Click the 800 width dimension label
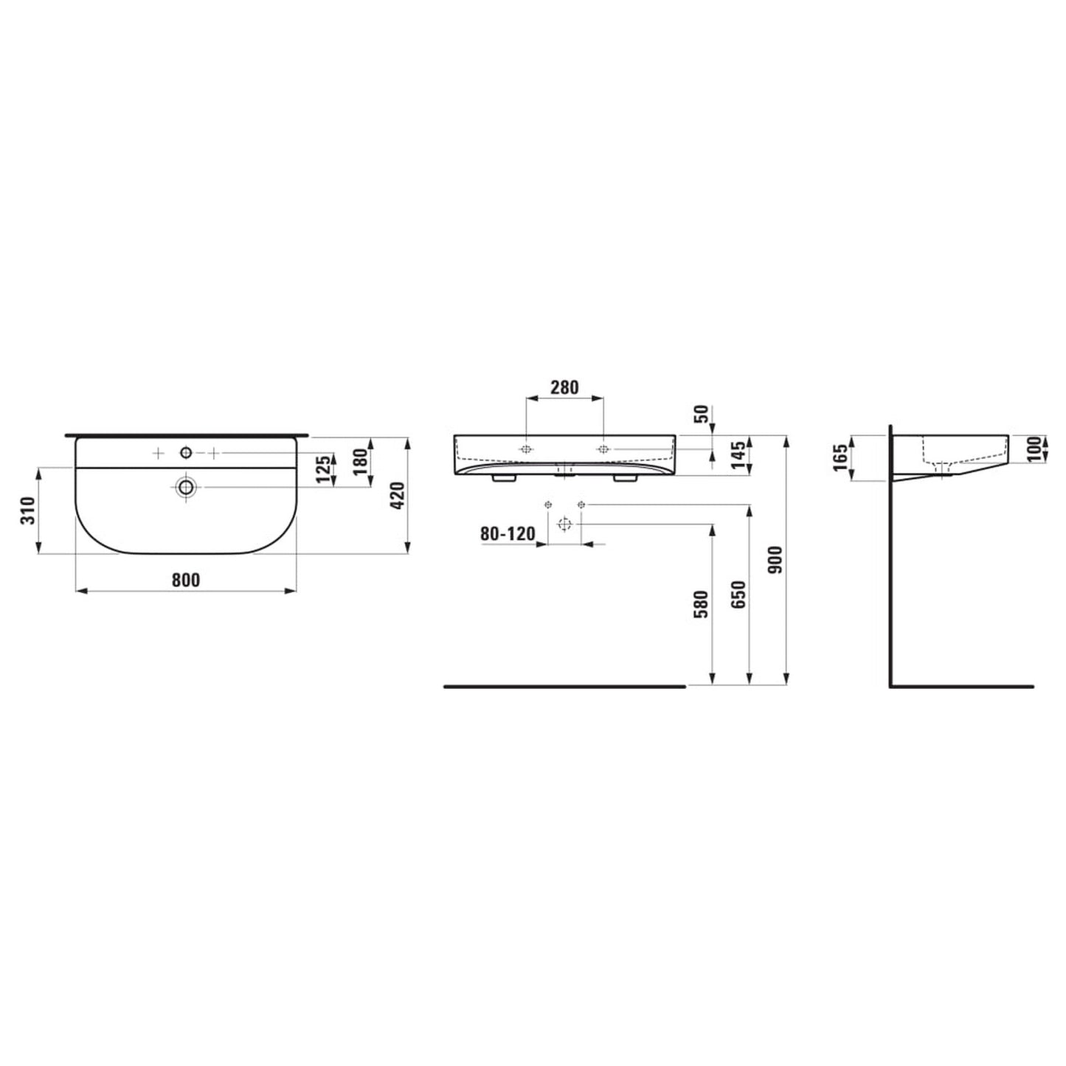(x=186, y=580)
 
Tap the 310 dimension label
(x=28, y=510)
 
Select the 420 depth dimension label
(x=397, y=495)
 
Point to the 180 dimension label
(x=360, y=461)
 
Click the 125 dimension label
(x=322, y=470)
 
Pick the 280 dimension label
(x=564, y=387)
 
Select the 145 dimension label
(x=738, y=457)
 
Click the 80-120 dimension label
(x=508, y=533)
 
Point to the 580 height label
(x=701, y=604)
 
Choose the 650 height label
(x=738, y=595)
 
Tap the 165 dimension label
(x=840, y=458)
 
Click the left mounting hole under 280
(x=526, y=449)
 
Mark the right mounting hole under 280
(x=603, y=449)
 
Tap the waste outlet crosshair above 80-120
(x=564, y=525)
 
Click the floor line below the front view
(x=564, y=686)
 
